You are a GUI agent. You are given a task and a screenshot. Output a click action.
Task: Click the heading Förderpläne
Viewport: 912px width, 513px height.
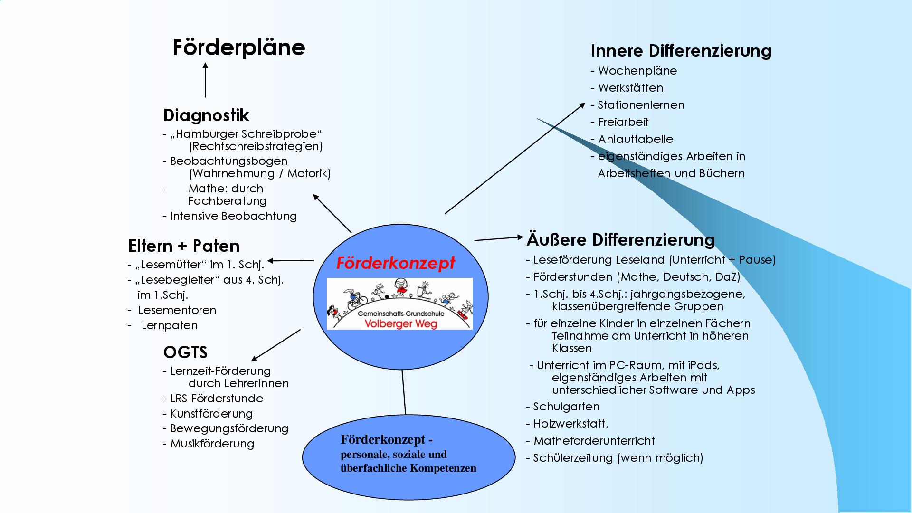point(238,47)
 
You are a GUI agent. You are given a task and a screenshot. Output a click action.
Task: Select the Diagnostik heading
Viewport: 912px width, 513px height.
point(206,115)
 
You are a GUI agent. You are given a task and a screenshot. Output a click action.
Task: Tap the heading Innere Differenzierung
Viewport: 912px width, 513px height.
point(681,51)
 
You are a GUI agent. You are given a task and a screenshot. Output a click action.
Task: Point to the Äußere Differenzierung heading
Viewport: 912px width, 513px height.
point(620,240)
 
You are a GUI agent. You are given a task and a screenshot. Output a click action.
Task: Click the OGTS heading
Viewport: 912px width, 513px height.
point(185,352)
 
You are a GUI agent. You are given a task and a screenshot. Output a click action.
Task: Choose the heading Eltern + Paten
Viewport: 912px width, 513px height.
point(184,246)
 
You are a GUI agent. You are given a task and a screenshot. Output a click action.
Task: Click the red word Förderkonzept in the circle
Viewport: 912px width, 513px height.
point(396,263)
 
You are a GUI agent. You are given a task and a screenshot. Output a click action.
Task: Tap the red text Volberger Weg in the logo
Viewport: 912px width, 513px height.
point(400,324)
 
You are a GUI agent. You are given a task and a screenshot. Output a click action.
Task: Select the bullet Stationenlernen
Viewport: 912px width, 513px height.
point(640,105)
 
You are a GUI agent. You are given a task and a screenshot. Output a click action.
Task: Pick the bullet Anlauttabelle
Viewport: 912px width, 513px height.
point(635,139)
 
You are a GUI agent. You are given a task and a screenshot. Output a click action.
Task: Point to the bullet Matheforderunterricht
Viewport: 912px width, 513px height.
point(594,441)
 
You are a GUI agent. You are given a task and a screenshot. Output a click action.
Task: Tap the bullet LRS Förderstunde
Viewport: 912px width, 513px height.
point(216,399)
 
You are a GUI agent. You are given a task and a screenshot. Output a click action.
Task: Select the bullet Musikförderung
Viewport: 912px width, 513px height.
point(212,444)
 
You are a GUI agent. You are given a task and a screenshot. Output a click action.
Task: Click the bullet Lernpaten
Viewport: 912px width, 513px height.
point(169,325)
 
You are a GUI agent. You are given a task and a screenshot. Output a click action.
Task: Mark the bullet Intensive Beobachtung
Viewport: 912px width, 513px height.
point(233,216)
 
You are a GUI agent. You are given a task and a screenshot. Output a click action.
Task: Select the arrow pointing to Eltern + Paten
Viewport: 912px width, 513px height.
point(291,260)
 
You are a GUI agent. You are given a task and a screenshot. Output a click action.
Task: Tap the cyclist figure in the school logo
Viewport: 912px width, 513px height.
point(356,298)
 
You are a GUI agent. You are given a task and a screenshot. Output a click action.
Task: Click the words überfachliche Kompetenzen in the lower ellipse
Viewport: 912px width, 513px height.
point(408,468)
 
